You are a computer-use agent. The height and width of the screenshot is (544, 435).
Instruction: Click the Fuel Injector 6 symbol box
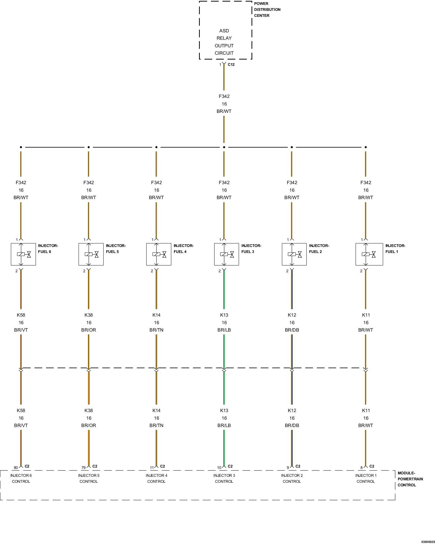(x=23, y=254)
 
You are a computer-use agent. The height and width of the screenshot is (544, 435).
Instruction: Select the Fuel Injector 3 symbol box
(x=226, y=254)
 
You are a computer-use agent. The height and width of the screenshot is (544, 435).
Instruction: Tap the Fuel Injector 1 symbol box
(x=369, y=254)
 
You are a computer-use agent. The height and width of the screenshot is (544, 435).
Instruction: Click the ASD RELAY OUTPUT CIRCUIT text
(x=224, y=42)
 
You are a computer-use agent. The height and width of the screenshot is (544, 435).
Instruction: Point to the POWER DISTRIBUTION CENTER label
(x=267, y=10)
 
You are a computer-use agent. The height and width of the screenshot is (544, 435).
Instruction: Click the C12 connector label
(x=231, y=64)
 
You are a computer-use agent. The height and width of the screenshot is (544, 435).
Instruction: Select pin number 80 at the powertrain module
(x=16, y=468)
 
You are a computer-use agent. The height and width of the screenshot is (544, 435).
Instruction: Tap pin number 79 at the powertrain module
(x=83, y=468)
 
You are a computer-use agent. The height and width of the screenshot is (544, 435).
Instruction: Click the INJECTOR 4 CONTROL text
(x=156, y=478)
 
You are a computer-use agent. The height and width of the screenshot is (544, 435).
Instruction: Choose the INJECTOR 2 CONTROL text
(x=292, y=478)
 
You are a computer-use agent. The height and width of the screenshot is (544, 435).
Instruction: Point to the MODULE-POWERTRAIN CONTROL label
(x=410, y=479)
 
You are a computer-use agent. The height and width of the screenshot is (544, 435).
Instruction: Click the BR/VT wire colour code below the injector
(x=21, y=330)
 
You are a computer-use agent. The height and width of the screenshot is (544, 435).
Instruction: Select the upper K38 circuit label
(x=89, y=315)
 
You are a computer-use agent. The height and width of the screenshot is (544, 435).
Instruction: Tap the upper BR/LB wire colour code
(x=224, y=330)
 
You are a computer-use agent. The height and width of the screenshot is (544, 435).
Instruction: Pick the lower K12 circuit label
(x=292, y=410)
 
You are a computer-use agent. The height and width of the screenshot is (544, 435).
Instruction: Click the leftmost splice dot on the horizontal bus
(x=21, y=147)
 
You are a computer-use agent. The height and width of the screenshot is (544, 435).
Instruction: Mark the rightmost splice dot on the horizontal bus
(x=366, y=147)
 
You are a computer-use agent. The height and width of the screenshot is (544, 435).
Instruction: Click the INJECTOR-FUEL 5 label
(x=116, y=249)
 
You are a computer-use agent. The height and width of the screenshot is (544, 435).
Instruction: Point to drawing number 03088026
(x=428, y=542)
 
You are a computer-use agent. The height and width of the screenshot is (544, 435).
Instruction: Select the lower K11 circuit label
(x=366, y=410)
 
